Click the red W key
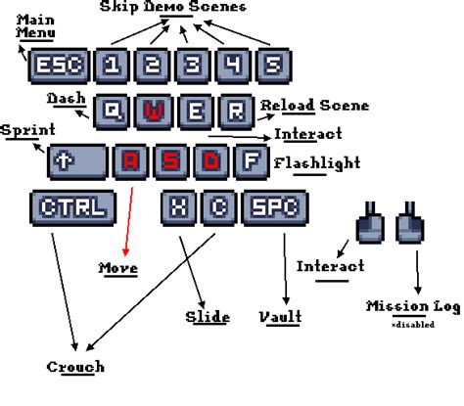152,112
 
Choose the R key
235,112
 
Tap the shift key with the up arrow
76,160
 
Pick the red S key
170,160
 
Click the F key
252,160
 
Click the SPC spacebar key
273,207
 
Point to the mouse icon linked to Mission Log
407,222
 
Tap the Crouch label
74,368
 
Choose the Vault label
281,317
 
